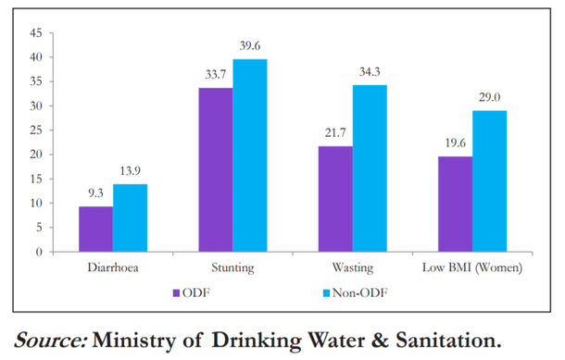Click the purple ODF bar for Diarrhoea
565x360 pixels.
click(x=95, y=229)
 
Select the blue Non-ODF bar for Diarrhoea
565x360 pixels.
click(x=130, y=217)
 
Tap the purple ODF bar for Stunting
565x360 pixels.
click(x=216, y=169)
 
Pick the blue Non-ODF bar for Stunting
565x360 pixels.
click(x=250, y=155)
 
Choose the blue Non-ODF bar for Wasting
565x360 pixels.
click(x=370, y=168)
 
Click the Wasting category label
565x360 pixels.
click(x=354, y=268)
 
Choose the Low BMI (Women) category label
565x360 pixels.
click(x=474, y=268)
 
